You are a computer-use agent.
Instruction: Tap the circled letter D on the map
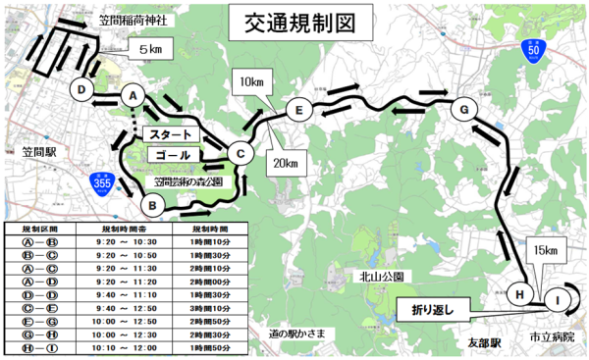click(82, 90)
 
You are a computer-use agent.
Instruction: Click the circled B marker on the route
click(151, 205)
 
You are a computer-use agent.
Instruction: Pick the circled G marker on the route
click(462, 110)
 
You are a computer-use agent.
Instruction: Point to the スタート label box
click(172, 133)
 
